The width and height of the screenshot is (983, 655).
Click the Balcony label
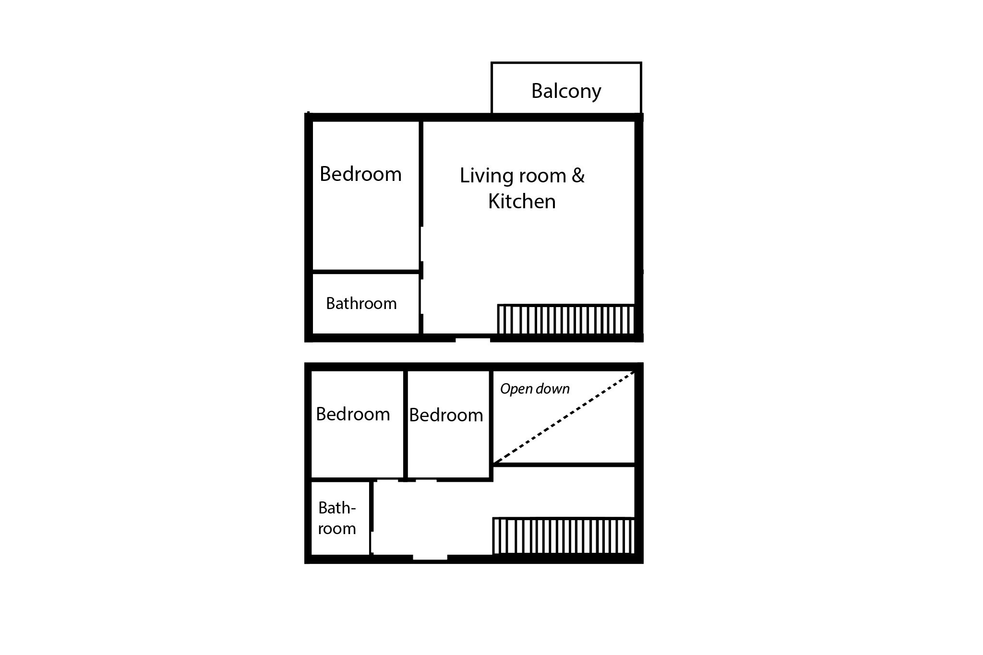(566, 91)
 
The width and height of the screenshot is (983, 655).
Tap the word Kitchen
(522, 201)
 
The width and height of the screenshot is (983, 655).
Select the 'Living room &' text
(522, 176)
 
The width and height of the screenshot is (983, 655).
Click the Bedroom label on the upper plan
(360, 174)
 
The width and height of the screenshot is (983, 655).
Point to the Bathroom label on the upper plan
(361, 303)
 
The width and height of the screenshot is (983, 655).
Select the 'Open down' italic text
(535, 389)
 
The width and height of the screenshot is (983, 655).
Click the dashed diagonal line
(564, 417)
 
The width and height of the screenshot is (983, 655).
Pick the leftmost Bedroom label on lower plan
(353, 414)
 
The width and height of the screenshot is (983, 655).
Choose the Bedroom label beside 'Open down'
(446, 415)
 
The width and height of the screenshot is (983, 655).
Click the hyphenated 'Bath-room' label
(337, 518)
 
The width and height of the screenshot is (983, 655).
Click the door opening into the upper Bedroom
(421, 244)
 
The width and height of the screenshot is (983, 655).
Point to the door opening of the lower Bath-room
(372, 543)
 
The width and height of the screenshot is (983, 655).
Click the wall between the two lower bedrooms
(406, 425)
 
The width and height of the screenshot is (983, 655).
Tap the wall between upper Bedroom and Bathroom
(366, 272)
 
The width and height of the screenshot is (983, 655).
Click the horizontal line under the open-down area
(564, 464)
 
